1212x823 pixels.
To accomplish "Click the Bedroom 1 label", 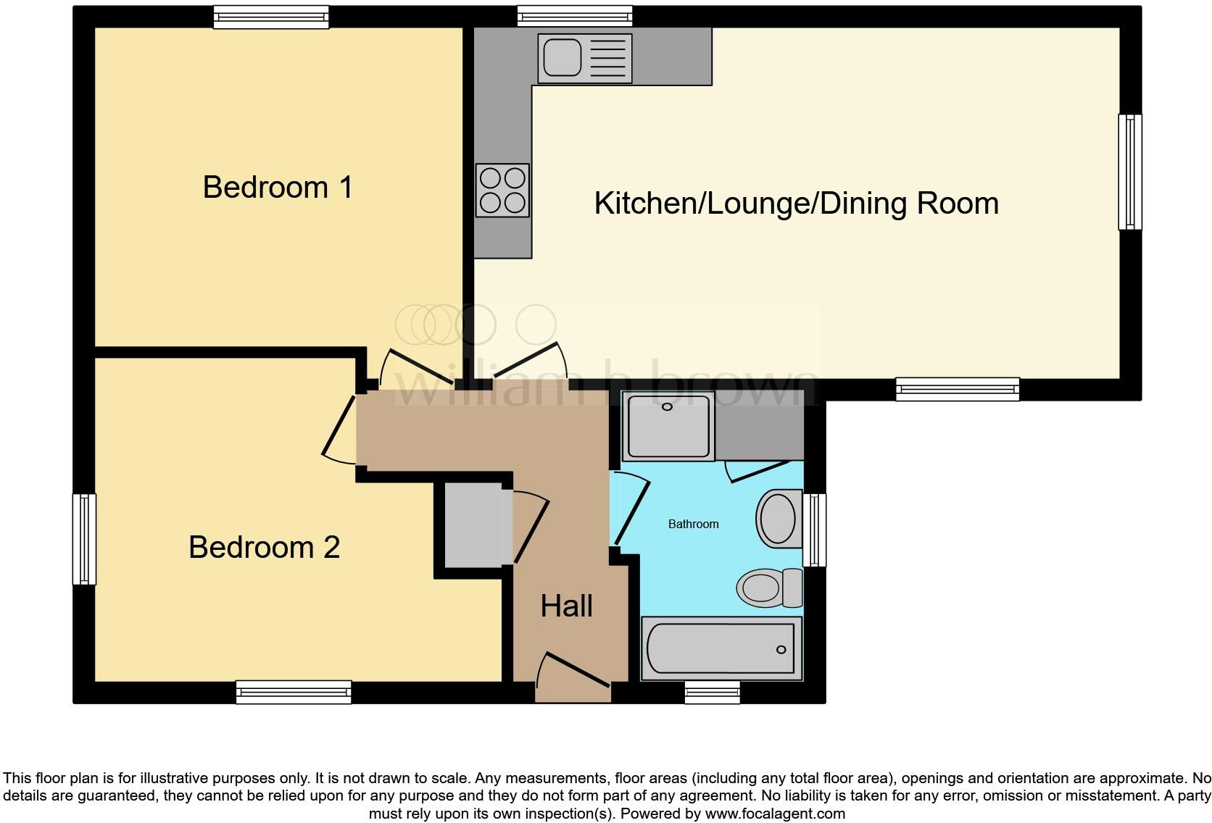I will point(278,188).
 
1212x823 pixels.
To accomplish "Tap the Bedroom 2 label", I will point(264,547).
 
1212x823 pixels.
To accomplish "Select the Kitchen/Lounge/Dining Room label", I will point(796,204).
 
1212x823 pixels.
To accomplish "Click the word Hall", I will point(566,606).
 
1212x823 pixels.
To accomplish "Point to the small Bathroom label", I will point(693,524).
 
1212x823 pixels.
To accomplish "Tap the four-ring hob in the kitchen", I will point(502,191).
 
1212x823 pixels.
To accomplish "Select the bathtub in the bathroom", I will point(721,648).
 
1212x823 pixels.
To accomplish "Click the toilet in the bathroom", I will point(768,587).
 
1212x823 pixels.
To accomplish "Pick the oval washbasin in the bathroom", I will point(778,519).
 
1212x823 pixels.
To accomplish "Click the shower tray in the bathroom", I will point(668,426).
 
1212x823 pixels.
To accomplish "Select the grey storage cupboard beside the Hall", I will point(473,527).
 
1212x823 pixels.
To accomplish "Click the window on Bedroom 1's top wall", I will point(271,17).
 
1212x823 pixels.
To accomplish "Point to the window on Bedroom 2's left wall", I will point(84,539).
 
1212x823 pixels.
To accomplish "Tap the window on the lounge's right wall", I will point(1129,172).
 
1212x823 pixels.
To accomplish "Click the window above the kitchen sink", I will point(575,17).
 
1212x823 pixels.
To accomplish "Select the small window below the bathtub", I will point(713,693).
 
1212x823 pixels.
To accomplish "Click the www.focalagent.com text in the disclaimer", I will point(774,814).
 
